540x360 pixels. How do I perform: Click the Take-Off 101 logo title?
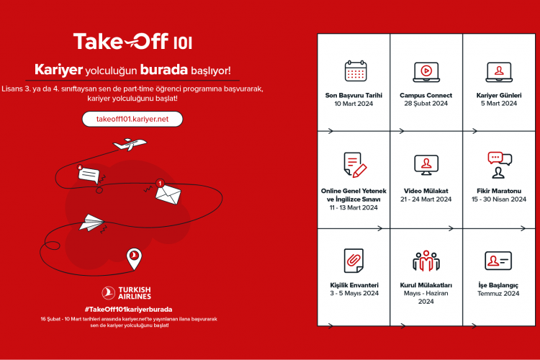(132, 42)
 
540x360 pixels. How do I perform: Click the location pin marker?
(133, 259)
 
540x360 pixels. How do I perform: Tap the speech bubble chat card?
(87, 174)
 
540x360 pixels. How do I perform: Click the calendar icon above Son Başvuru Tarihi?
(355, 71)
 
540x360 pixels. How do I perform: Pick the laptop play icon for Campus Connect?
(426, 71)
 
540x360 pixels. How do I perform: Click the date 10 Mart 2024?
(354, 104)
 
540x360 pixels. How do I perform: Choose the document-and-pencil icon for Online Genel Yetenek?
(354, 165)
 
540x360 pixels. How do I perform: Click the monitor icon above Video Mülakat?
(426, 165)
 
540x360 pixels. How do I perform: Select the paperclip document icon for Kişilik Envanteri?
(354, 259)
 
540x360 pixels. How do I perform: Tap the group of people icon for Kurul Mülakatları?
(426, 260)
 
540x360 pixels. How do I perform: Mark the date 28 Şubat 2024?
(426, 104)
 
